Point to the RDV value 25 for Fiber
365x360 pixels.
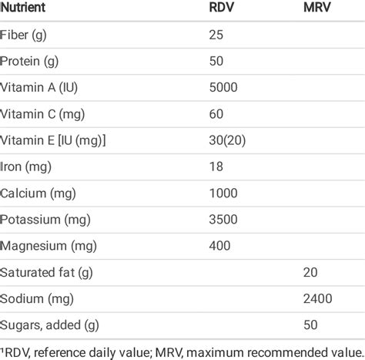(x=216, y=35)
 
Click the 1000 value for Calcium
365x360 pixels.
(x=223, y=193)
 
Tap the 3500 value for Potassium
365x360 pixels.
(x=223, y=219)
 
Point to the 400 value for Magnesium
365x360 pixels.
(x=219, y=245)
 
